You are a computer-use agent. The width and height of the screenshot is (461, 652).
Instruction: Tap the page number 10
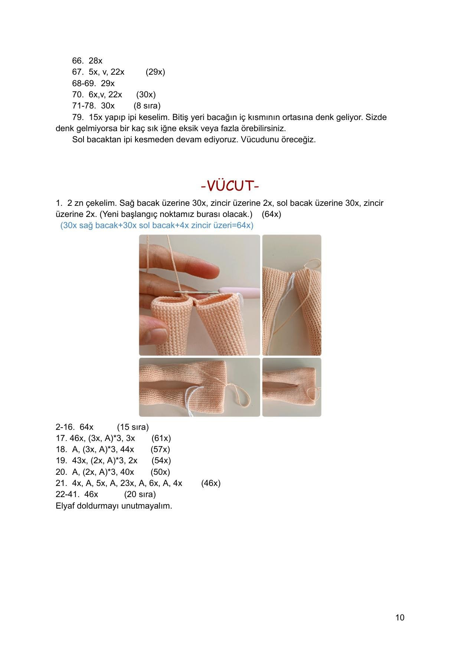tap(400, 617)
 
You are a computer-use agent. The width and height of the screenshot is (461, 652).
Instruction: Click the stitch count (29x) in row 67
tap(155, 72)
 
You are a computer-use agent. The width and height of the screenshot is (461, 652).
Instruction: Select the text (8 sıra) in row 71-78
tap(147, 106)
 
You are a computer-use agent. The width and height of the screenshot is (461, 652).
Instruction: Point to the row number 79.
tap(78, 117)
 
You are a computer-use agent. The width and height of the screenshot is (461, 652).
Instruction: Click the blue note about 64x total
tap(157, 226)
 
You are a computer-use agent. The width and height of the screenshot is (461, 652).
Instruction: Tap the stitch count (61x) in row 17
tap(161, 438)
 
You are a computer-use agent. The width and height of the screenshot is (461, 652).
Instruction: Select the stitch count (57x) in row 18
tap(160, 450)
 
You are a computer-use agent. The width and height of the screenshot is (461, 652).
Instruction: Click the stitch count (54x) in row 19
tap(161, 461)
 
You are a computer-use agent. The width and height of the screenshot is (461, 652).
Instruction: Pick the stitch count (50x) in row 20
tap(160, 472)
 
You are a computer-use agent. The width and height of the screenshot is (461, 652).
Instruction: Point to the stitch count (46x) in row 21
tap(211, 483)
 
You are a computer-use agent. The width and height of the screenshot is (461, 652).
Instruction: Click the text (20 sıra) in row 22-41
tap(140, 494)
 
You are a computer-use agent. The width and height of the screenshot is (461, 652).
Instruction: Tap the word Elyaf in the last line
tap(65, 506)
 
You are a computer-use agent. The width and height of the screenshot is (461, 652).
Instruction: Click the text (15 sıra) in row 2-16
tap(133, 427)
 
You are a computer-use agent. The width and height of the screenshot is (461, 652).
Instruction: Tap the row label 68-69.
tap(84, 83)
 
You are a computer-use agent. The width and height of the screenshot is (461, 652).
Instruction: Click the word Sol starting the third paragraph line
tap(78, 140)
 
